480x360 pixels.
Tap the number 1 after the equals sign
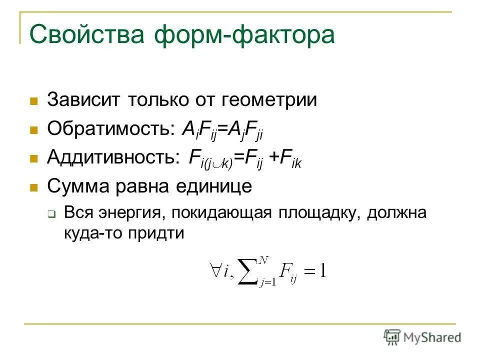point(322,271)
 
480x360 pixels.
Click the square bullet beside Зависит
point(34,101)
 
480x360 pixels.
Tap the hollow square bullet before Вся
point(51,214)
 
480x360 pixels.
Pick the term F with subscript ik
point(292,159)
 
